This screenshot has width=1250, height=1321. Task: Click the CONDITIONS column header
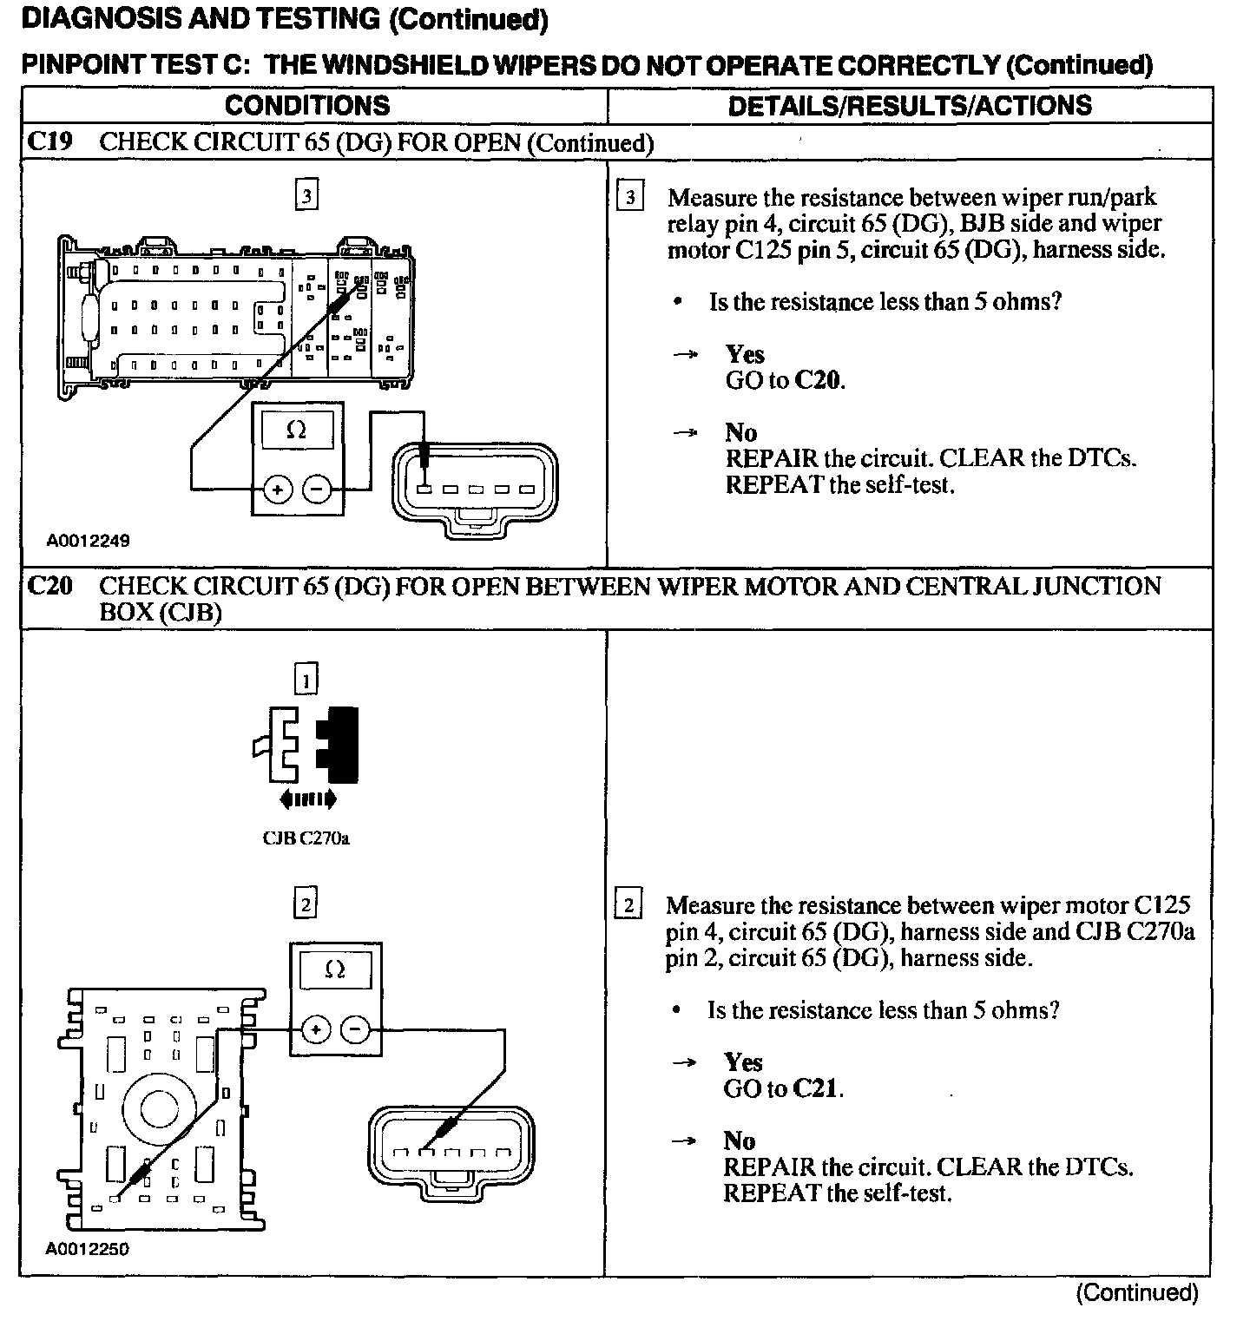[x=307, y=106]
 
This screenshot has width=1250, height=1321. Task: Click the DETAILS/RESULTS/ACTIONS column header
[x=909, y=106]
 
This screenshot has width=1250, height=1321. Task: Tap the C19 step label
[x=49, y=142]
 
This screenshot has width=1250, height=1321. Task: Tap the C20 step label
[x=49, y=587]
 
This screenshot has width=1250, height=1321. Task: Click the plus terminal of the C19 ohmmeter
[x=277, y=490]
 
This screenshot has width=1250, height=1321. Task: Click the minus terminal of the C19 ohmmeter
[x=316, y=490]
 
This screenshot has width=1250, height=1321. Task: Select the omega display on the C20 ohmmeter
[x=334, y=969]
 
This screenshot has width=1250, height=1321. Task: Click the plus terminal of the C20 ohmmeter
[x=315, y=1030]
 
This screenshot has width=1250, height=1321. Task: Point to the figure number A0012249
[x=89, y=542]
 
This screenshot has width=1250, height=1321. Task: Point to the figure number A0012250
[x=88, y=1250]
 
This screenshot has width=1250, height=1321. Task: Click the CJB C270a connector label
[x=306, y=838]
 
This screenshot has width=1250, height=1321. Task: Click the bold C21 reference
[x=816, y=1088]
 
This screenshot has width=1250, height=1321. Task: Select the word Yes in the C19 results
[x=745, y=354]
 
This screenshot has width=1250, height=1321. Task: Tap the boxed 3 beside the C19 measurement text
[x=629, y=198]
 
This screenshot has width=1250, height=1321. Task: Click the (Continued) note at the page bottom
[x=1136, y=1293]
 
